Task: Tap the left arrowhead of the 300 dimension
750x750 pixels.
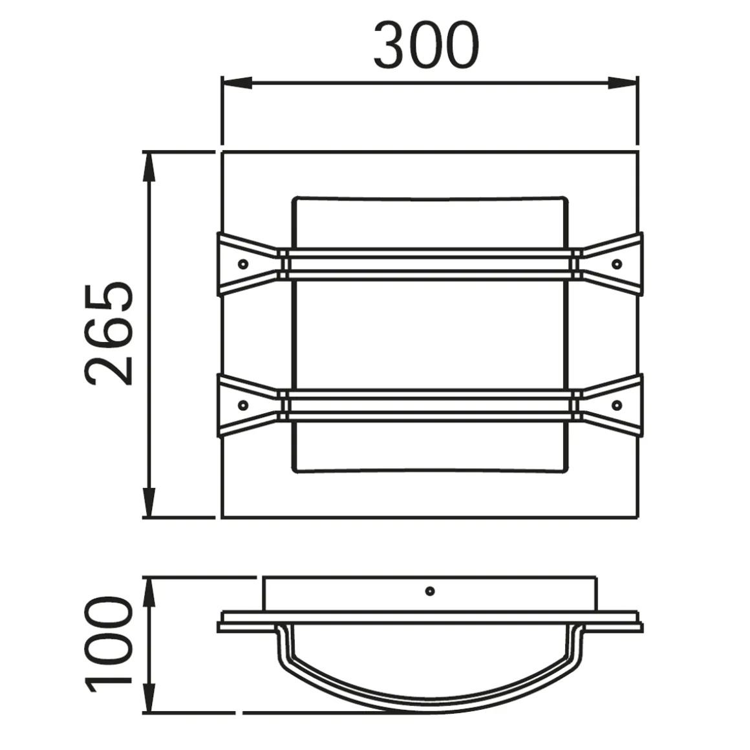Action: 237,83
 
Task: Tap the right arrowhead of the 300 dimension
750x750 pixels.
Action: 623,83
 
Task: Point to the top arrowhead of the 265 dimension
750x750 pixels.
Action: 149,167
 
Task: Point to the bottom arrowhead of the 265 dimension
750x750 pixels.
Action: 149,503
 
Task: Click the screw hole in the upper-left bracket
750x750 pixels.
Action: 243,264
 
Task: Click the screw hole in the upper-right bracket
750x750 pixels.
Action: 616,264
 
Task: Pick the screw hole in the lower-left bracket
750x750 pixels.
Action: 243,405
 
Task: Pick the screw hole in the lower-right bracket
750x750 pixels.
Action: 616,405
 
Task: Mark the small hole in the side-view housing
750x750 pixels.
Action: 429,591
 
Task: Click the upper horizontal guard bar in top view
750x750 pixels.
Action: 429,264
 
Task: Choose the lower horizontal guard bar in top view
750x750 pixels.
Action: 429,405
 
